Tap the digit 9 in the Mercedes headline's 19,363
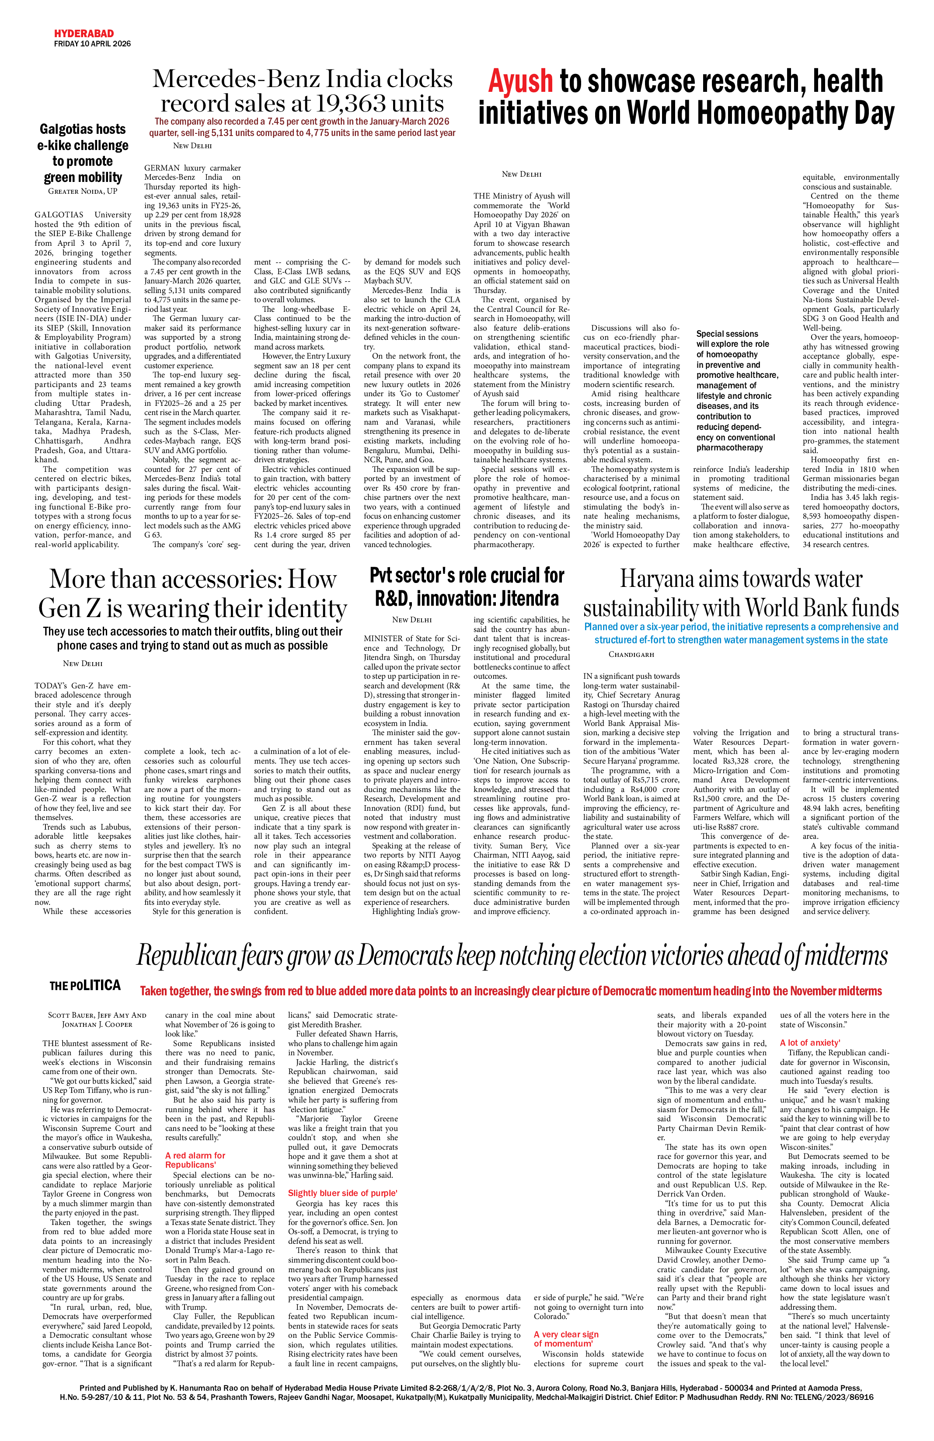tap(330, 104)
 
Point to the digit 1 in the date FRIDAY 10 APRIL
tap(84, 44)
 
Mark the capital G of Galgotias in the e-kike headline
tap(45, 129)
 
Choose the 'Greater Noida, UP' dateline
tap(83, 191)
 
